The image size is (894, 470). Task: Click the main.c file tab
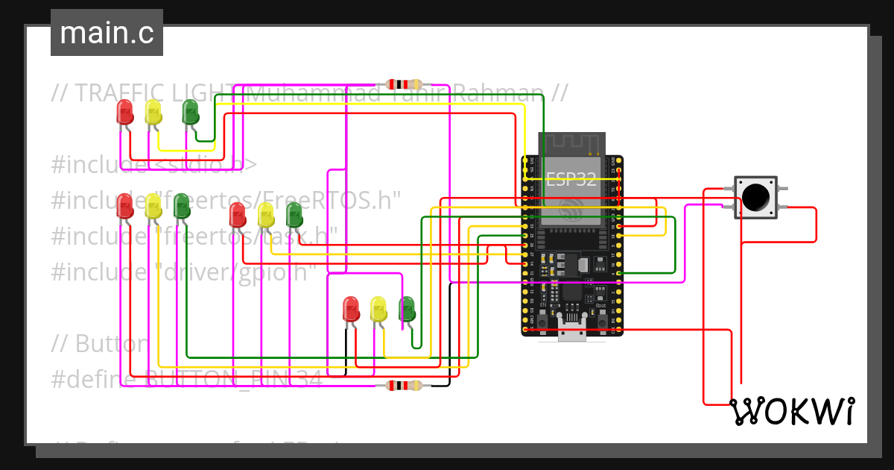point(107,33)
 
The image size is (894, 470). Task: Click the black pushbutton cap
point(755,196)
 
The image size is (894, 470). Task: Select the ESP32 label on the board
point(571,179)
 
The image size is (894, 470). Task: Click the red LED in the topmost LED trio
point(124,112)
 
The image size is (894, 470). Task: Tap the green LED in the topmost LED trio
point(191,112)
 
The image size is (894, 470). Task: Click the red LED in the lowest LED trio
point(351,309)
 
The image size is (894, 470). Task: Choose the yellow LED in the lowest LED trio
point(379,309)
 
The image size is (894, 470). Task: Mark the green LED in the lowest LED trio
point(407,309)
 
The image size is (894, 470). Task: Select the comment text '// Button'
point(101,344)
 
